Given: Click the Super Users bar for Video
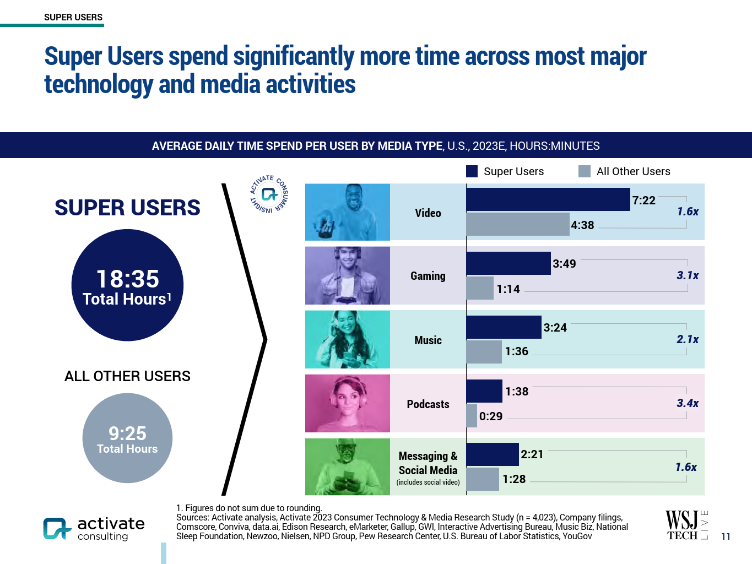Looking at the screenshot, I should coord(548,199).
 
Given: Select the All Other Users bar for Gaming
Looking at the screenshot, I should coord(480,289).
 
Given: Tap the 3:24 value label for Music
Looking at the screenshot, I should coord(555,328).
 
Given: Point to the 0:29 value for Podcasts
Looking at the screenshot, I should coord(491,416).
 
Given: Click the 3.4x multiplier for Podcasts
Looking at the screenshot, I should coord(688,403).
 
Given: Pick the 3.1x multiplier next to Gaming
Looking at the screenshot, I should coord(688,275).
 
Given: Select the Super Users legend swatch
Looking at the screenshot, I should coord(472,171).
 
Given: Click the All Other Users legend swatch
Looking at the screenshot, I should coord(585,171).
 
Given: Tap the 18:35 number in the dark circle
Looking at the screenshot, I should coord(127,279).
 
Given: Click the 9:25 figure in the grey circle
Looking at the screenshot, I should coord(127,433).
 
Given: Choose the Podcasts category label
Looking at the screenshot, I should coord(428,404).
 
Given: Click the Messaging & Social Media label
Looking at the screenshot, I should coord(428,463).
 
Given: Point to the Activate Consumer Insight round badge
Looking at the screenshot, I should coord(269,194).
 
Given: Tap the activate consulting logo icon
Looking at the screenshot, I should coord(57,528).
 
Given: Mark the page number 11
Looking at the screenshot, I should coord(726,536).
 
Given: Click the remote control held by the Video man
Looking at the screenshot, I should coord(327,228).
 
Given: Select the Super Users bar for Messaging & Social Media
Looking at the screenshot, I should coord(493,454).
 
